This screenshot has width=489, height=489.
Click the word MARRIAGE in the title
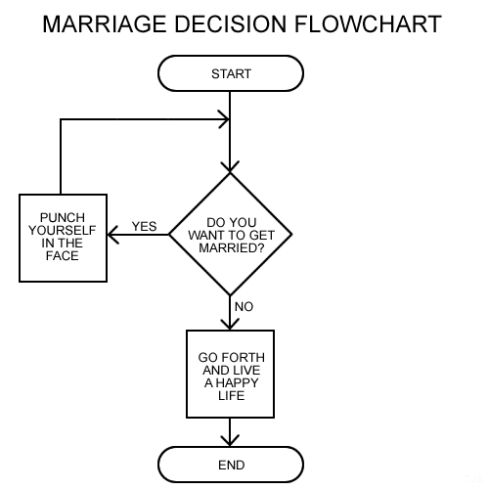(x=105, y=24)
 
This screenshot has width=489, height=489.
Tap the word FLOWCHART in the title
(x=368, y=24)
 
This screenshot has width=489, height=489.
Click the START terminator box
(x=231, y=73)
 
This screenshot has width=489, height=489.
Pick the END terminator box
(x=231, y=465)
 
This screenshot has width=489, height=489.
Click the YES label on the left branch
(x=144, y=226)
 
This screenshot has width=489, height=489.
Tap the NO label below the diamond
(x=244, y=307)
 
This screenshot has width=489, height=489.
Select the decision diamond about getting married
(x=230, y=234)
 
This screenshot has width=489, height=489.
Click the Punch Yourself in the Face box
(x=63, y=238)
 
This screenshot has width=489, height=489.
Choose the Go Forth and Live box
(x=230, y=374)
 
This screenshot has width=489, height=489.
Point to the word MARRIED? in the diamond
(x=232, y=248)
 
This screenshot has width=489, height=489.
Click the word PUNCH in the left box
(x=63, y=217)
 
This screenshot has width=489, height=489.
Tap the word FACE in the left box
(x=63, y=256)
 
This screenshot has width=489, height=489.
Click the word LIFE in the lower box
(x=232, y=395)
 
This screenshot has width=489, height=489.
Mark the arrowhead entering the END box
(x=230, y=441)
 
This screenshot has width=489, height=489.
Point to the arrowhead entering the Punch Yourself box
(x=112, y=235)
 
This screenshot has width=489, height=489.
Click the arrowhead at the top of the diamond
(x=230, y=166)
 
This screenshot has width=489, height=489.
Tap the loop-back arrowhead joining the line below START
(x=224, y=119)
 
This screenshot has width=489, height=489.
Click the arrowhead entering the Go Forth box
(x=230, y=324)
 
